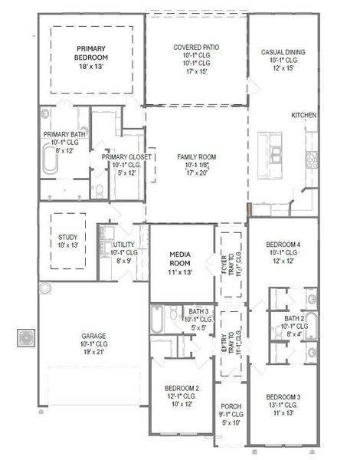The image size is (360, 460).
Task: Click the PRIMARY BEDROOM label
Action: (90, 52)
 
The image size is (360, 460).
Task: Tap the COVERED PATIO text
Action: (196, 48)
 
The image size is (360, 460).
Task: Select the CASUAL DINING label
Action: (283, 52)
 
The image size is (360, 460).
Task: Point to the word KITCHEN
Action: (304, 115)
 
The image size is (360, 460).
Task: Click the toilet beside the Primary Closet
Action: (98, 188)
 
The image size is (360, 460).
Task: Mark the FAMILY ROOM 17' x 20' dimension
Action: (196, 173)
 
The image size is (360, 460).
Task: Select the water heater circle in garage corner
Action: (45, 288)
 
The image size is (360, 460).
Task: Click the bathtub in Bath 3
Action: (158, 321)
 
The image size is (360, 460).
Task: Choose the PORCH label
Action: (231, 407)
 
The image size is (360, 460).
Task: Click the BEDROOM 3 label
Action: (282, 399)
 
